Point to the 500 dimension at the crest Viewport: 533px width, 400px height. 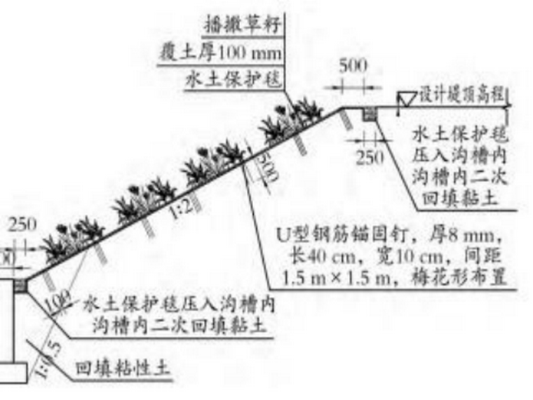353,67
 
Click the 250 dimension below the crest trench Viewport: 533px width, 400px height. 370,156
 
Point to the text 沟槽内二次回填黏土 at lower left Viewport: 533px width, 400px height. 183,326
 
